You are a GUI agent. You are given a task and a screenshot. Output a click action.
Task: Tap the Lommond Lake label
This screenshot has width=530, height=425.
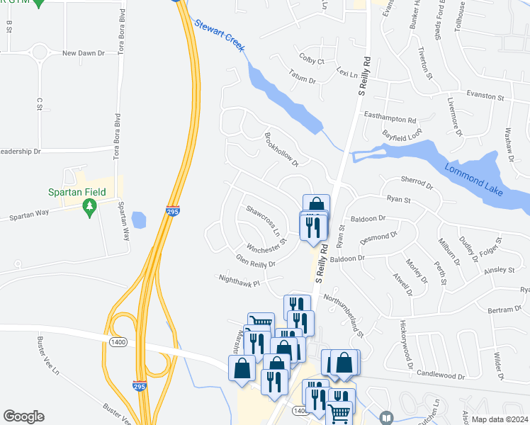pyautogui.click(x=474, y=178)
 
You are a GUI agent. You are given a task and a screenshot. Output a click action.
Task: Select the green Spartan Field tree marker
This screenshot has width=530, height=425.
pyautogui.click(x=89, y=207)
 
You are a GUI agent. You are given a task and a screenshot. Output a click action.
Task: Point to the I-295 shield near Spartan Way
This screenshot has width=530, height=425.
pyautogui.click(x=172, y=210)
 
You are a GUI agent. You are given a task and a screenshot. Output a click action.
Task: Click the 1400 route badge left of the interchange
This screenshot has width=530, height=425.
pyautogui.click(x=118, y=342)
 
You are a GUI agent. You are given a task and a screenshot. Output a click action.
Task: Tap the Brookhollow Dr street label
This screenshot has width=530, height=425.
pyautogui.click(x=282, y=149)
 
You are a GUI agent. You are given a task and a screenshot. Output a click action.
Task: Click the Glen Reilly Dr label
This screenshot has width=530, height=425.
pyautogui.click(x=255, y=261)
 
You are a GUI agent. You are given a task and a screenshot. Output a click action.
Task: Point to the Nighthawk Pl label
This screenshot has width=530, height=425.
pyautogui.click(x=239, y=280)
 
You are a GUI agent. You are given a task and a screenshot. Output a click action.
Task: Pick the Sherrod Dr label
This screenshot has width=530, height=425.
pyautogui.click(x=417, y=185)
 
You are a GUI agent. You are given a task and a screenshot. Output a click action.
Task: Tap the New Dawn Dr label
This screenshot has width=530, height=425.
pyautogui.click(x=83, y=53)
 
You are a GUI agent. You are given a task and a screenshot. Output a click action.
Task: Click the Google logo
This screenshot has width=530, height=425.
pyautogui.click(x=23, y=416)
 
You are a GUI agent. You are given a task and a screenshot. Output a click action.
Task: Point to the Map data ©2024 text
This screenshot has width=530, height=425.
pyautogui.click(x=500, y=419)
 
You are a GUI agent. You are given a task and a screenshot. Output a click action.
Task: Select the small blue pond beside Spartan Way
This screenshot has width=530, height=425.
pyautogui.click(x=140, y=220)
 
